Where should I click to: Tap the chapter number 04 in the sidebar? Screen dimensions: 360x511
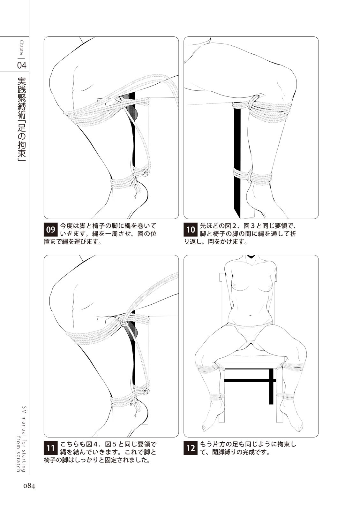coord(22,65)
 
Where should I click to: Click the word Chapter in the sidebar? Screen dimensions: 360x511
coord(21,48)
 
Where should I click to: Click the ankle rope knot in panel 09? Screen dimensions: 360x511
coord(145,174)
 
